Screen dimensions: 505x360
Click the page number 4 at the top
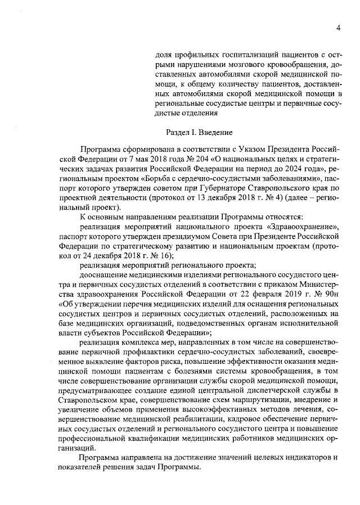point(339,28)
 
